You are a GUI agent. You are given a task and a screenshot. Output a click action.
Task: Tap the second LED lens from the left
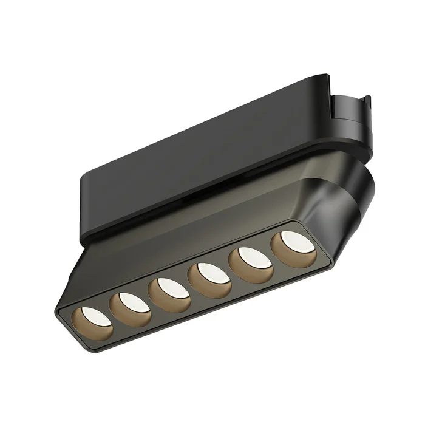click(x=133, y=301)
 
